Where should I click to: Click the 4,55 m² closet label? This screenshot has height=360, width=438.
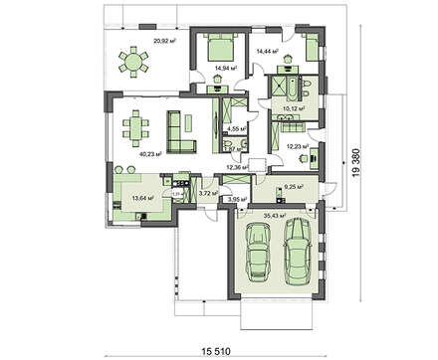[237, 128]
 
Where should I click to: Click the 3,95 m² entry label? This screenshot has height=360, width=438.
[237, 200]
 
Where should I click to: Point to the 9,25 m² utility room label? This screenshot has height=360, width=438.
[292, 186]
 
